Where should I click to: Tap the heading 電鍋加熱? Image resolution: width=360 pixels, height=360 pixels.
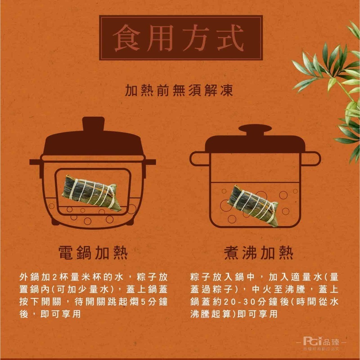pyautogui.click(x=93, y=253)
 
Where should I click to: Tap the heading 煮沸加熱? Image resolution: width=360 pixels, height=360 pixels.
pyautogui.click(x=258, y=253)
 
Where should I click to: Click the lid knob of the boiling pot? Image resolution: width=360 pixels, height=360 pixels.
pyautogui.click(x=255, y=129)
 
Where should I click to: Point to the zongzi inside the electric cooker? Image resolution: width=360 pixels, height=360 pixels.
pyautogui.click(x=91, y=192)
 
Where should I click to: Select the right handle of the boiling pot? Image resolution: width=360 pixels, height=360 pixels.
pyautogui.click(x=312, y=158)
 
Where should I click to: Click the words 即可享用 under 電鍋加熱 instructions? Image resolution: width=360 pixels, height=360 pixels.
pyautogui.click(x=61, y=314)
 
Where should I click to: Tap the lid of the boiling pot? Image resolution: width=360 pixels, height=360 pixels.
pyautogui.click(x=255, y=144)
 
